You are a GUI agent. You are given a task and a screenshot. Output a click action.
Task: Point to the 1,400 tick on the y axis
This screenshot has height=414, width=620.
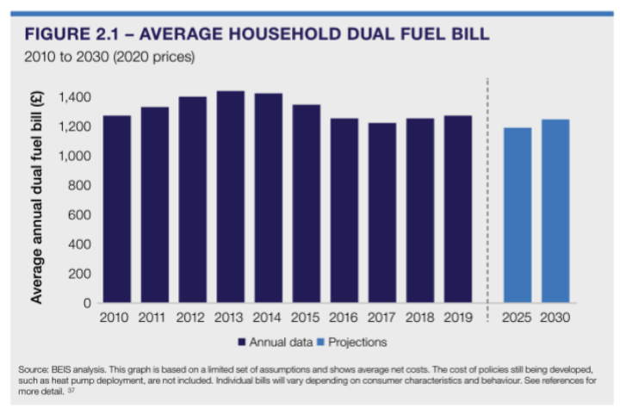click(x=74, y=97)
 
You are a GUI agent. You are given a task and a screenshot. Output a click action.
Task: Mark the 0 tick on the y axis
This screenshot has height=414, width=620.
click(x=87, y=303)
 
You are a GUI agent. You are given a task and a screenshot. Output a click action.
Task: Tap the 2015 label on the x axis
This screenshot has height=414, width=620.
click(x=307, y=318)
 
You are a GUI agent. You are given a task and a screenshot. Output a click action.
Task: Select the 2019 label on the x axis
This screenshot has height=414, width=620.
click(x=458, y=318)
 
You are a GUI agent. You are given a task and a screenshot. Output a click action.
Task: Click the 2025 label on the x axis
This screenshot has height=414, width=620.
click(x=518, y=318)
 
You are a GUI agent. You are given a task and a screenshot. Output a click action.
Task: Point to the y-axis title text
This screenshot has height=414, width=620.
click(x=37, y=197)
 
